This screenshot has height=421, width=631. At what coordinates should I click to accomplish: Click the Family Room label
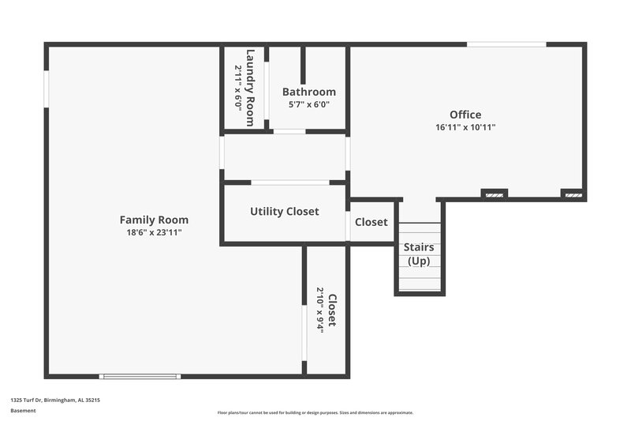154,220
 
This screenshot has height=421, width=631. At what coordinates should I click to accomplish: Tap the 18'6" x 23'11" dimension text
154,232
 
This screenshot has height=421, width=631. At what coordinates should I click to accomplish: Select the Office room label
465,115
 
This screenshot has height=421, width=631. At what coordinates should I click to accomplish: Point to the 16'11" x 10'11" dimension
465,127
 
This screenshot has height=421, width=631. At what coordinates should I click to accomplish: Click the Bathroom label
309,92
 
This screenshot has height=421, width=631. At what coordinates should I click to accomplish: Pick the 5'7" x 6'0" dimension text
309,104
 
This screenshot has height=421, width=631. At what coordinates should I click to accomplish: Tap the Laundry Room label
250,88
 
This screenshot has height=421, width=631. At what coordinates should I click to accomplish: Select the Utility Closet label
284,212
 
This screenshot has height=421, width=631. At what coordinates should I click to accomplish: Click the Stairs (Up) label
419,254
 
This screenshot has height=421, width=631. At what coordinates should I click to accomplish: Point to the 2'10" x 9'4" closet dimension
320,310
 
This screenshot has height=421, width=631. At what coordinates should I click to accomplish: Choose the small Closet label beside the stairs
371,222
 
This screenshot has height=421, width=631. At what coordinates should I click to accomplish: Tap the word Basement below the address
24,411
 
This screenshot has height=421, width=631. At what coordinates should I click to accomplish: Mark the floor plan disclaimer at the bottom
315,412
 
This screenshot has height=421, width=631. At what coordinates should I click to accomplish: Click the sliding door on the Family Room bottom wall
140,376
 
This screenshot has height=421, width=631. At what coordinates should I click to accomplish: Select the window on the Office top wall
506,44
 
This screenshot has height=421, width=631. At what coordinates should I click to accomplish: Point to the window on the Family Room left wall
47,89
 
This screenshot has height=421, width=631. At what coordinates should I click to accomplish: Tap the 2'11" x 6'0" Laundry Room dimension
238,88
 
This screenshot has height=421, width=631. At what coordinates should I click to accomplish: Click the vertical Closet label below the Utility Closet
332,310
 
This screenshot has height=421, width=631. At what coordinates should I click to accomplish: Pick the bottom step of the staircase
419,286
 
